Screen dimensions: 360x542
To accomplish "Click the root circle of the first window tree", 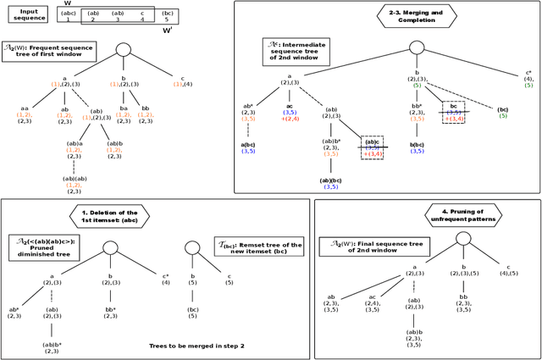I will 123,50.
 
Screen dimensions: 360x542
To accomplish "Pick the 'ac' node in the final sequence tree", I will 372,302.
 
